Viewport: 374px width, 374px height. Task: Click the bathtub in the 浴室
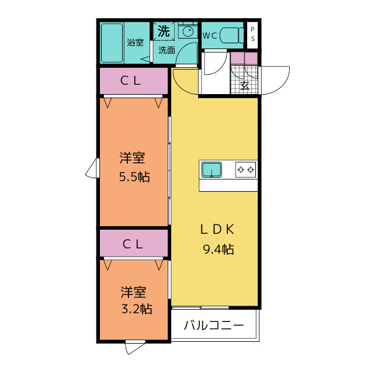point(112,43)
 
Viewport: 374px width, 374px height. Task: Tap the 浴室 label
point(136,42)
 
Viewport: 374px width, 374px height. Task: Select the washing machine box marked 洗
point(164,30)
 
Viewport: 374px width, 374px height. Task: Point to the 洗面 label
point(167,50)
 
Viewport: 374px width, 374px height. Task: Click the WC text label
point(210,35)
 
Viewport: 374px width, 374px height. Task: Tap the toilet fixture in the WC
point(234,35)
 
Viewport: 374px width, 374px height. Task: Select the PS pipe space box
point(252,34)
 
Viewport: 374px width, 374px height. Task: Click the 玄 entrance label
point(245,85)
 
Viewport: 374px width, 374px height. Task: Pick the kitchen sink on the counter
point(212,170)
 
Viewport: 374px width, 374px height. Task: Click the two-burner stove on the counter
point(245,170)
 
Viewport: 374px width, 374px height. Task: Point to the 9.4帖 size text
point(219,250)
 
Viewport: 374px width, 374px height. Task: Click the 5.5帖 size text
point(134,177)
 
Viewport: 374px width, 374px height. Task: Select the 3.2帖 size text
point(136,309)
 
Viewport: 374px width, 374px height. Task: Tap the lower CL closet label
point(133,245)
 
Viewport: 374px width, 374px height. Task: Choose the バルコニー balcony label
point(213,325)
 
